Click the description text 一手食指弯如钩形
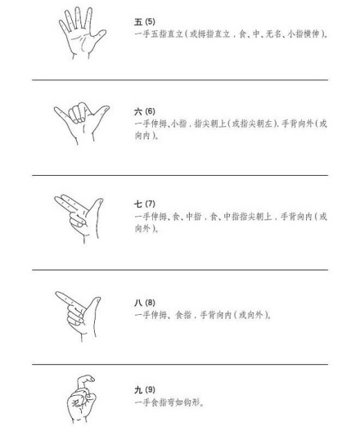[168, 401]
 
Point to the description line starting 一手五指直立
[230, 32]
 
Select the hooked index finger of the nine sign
[85, 381]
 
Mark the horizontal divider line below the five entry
[180, 80]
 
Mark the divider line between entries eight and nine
[180, 365]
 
